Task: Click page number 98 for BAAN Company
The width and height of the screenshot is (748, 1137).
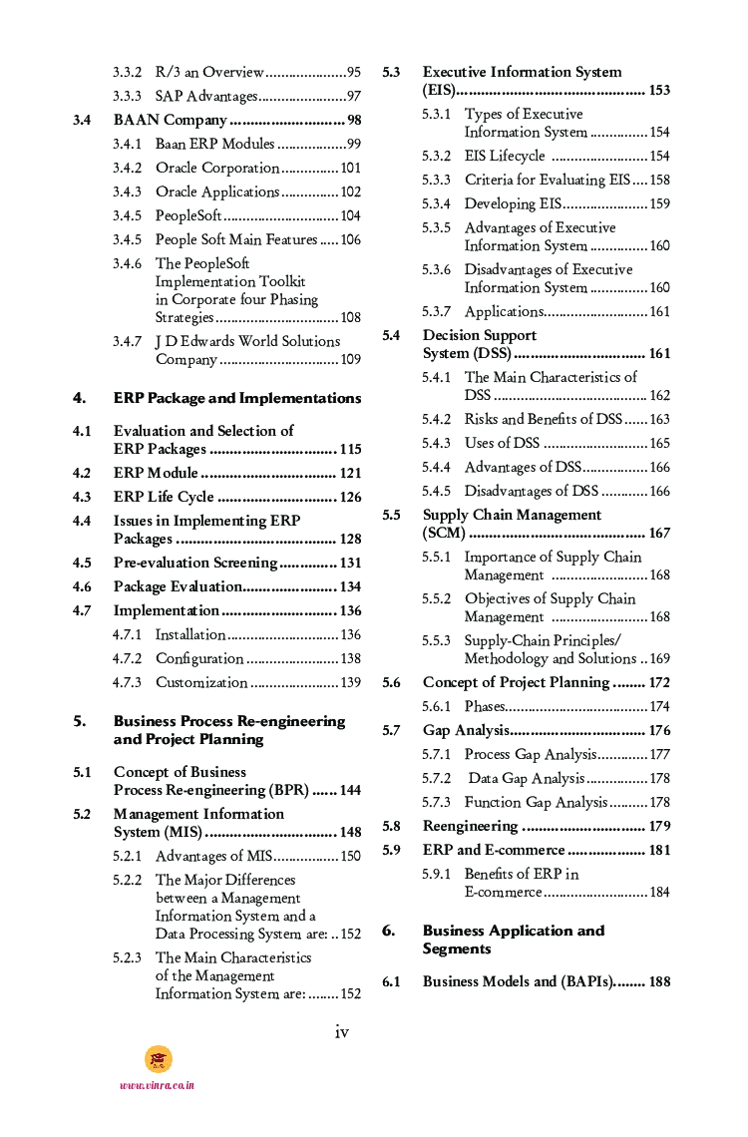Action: point(354,121)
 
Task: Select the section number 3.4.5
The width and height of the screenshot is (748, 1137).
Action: point(127,216)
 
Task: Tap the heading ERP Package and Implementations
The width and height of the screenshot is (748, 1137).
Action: point(237,398)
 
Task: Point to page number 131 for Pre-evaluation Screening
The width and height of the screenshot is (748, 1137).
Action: point(350,564)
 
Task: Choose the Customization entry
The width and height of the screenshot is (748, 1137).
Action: point(201,683)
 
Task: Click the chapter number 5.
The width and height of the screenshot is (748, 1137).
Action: point(79,721)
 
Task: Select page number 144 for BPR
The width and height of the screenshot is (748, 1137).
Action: point(350,791)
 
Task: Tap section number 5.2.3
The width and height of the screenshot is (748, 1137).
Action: point(127,957)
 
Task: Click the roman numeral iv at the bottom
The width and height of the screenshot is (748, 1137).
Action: point(341,1032)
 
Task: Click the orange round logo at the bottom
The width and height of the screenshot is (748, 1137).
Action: point(158,1059)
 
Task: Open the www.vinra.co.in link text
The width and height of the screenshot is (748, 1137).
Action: point(157,1085)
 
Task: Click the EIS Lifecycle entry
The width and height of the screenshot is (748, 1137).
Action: point(505,157)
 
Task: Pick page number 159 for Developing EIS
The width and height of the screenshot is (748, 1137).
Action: point(659,204)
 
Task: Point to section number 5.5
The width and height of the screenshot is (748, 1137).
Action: point(391,516)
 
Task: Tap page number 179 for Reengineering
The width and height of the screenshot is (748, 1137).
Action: point(659,827)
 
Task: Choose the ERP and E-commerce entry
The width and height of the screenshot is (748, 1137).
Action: point(494,851)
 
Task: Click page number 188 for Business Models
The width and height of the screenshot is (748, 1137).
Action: point(659,982)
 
